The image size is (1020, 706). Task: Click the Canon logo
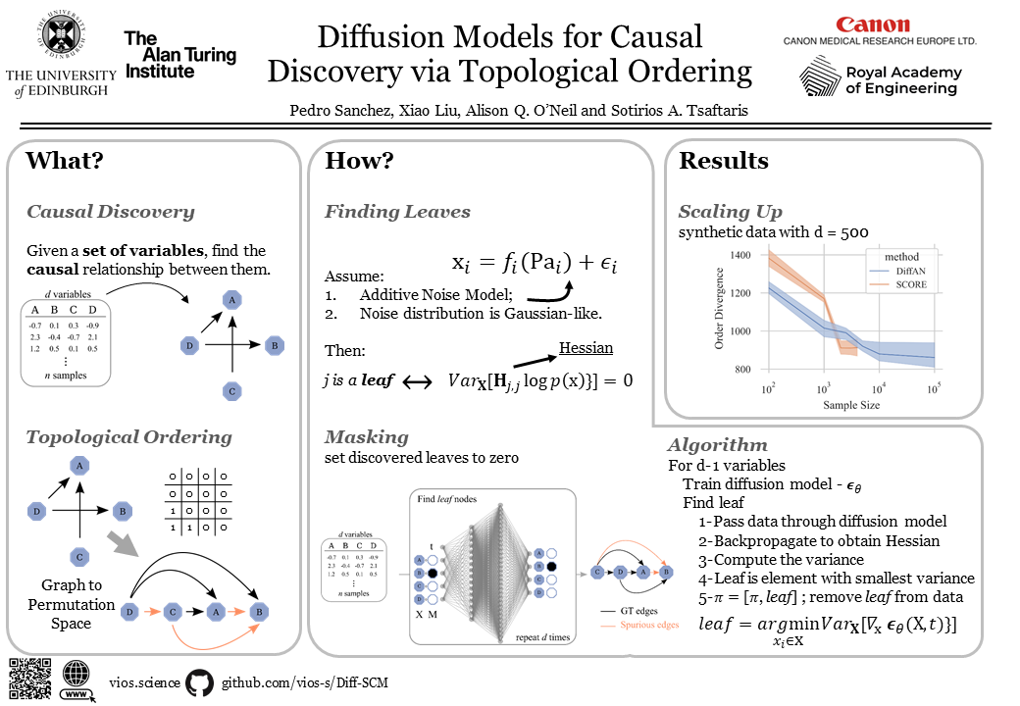[872, 25]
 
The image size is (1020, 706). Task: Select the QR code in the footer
[29, 679]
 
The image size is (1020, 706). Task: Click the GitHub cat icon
[199, 681]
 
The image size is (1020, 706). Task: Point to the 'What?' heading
[64, 161]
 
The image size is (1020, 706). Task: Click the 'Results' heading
[724, 161]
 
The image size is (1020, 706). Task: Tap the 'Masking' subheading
[366, 437]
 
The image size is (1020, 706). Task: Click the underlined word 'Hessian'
[586, 348]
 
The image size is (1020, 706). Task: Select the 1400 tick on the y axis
[740, 255]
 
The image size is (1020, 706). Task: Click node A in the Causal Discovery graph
[231, 300]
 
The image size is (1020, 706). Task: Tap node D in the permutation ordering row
[128, 613]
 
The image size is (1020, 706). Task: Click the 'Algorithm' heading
[717, 445]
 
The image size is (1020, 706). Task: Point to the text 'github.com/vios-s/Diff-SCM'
[305, 682]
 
